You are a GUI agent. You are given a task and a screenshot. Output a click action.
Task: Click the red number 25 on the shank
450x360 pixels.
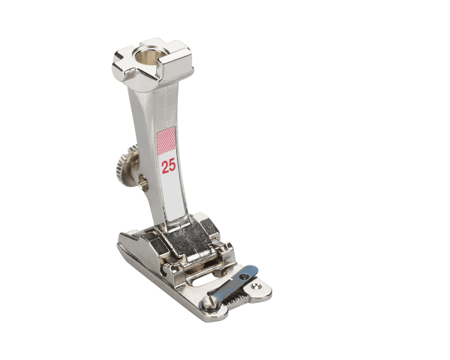tap(169, 166)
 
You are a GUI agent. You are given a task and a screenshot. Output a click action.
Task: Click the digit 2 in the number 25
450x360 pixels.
tap(164, 166)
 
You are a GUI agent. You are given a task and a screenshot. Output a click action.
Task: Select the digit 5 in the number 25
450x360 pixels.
tap(173, 166)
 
